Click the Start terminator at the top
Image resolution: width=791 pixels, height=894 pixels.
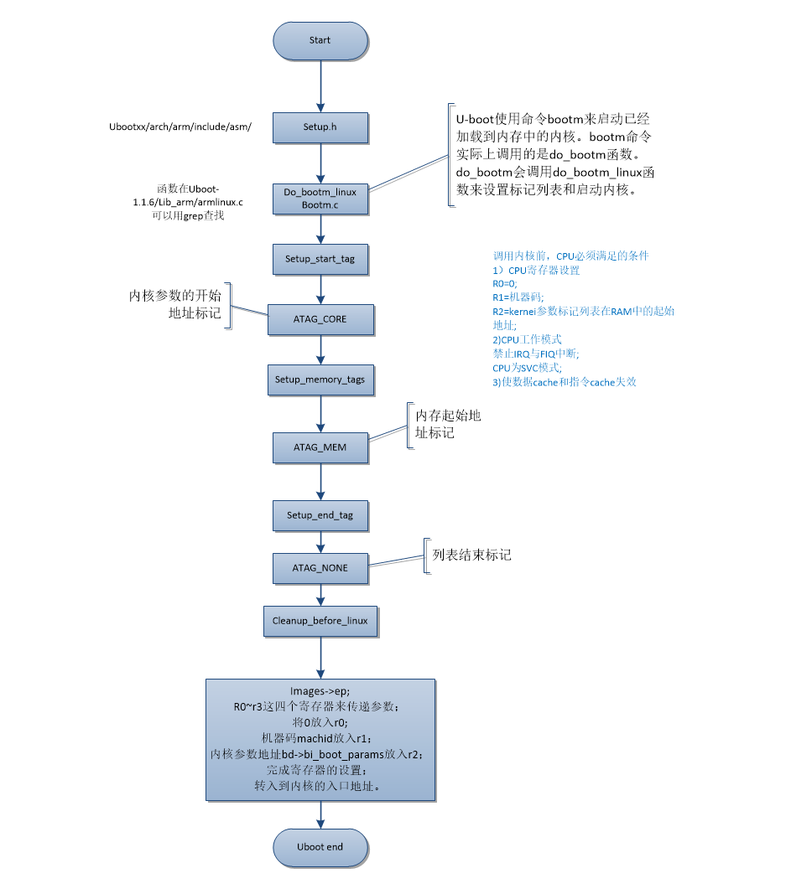pyautogui.click(x=320, y=40)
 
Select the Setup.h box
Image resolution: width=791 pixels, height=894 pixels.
pyautogui.click(x=320, y=127)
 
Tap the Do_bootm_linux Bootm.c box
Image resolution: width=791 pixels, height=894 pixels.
pyautogui.click(x=320, y=199)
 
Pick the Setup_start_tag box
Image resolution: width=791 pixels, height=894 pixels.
pyautogui.click(x=320, y=259)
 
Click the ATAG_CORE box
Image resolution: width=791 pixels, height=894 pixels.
pyautogui.click(x=320, y=319)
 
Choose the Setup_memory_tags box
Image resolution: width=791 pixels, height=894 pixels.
pyautogui.click(x=320, y=380)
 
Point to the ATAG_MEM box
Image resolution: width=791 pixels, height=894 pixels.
pyautogui.click(x=320, y=447)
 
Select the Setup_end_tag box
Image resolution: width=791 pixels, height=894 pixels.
pyautogui.click(x=320, y=515)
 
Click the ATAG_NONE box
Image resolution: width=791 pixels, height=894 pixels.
pyautogui.click(x=320, y=568)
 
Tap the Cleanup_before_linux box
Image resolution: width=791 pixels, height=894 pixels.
pyautogui.click(x=320, y=621)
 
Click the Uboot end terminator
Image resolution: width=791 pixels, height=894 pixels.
pyautogui.click(x=320, y=847)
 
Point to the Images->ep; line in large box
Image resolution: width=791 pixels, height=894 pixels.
pyautogui.click(x=320, y=691)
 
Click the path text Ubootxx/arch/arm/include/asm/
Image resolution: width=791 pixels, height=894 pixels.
pyautogui.click(x=180, y=127)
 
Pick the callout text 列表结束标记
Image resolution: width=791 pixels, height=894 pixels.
pyautogui.click(x=471, y=555)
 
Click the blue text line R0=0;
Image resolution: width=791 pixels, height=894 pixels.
pyautogui.click(x=505, y=284)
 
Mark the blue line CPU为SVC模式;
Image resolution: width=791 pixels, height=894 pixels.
pyautogui.click(x=527, y=368)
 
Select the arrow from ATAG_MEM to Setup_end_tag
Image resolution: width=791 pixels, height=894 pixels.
pyautogui.click(x=320, y=482)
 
